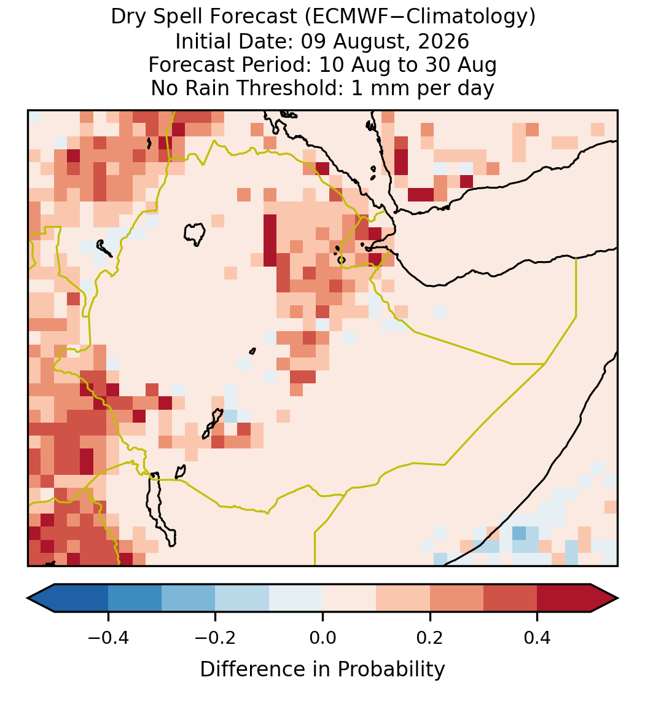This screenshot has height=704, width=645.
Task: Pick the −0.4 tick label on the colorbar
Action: coord(108,637)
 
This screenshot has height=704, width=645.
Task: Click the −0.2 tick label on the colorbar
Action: coord(215,637)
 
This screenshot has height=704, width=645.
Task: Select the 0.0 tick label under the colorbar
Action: coord(322,637)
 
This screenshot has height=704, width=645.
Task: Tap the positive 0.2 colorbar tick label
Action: coord(430,637)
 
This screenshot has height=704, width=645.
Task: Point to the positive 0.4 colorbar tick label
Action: coord(537,637)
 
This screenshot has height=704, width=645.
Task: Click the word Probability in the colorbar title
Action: coord(391,670)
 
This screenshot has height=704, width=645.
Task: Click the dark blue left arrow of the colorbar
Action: coord(41,598)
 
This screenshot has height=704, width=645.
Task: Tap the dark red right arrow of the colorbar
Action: coord(604,598)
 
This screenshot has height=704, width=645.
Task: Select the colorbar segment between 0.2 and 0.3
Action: coord(456,598)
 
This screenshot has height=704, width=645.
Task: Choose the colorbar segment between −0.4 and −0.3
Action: coord(135,598)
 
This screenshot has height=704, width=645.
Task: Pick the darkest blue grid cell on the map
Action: coord(518,533)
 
